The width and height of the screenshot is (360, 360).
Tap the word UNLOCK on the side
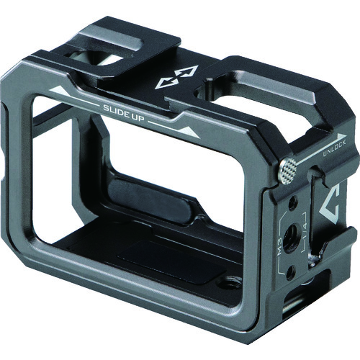click(x=334, y=150)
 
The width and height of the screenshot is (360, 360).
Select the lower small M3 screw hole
click(x=291, y=271)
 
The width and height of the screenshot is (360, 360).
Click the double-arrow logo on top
click(x=177, y=77)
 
